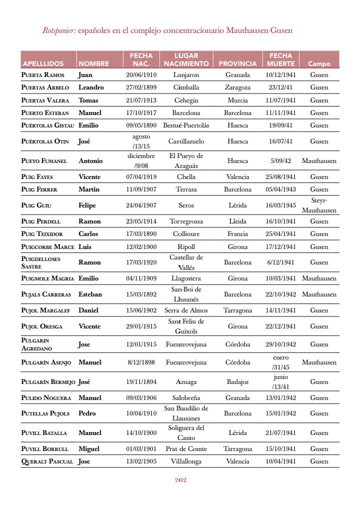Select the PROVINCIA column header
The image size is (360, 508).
click(237, 64)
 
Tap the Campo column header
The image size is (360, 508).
click(319, 64)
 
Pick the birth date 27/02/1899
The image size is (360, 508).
click(141, 87)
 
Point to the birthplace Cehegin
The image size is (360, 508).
click(186, 100)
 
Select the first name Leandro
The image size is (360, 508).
click(91, 87)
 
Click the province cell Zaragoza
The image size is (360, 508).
click(237, 87)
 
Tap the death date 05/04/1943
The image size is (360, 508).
click(280, 189)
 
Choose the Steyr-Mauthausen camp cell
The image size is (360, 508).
click(319, 205)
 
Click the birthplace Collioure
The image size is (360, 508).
click(186, 234)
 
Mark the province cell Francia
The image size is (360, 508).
click(237, 234)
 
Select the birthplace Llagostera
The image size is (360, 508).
click(186, 278)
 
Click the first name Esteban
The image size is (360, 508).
click(90, 294)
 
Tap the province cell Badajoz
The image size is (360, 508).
click(237, 382)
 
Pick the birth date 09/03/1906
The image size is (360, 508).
click(141, 398)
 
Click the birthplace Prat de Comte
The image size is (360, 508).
click(186, 449)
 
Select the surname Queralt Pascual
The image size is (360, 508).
click(47, 461)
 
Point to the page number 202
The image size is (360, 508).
click(180, 480)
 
